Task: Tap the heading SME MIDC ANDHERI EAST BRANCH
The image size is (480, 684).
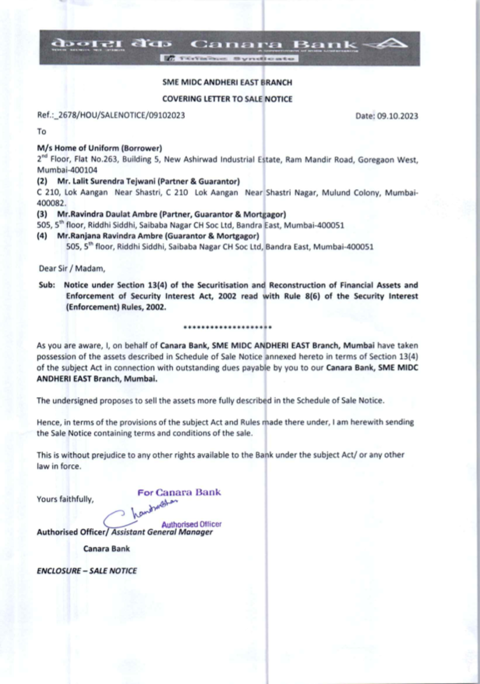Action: pyautogui.click(x=227, y=82)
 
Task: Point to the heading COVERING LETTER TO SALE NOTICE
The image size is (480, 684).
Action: pyautogui.click(x=227, y=99)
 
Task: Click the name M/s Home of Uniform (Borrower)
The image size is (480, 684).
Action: pyautogui.click(x=99, y=148)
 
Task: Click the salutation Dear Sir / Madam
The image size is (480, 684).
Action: pyautogui.click(x=72, y=268)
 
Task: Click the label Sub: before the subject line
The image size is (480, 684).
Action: pyautogui.click(x=47, y=285)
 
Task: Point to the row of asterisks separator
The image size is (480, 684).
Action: pyautogui.click(x=228, y=328)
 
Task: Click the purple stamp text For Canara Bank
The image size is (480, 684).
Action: pyautogui.click(x=179, y=492)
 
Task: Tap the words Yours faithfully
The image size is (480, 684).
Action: pyautogui.click(x=65, y=499)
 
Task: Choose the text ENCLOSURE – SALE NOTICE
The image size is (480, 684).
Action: pyautogui.click(x=87, y=571)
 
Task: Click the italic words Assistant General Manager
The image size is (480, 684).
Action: pyautogui.click(x=162, y=532)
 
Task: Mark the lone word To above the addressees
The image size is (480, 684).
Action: pyautogui.click(x=42, y=132)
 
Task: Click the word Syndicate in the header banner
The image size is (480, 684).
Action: pyautogui.click(x=264, y=59)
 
